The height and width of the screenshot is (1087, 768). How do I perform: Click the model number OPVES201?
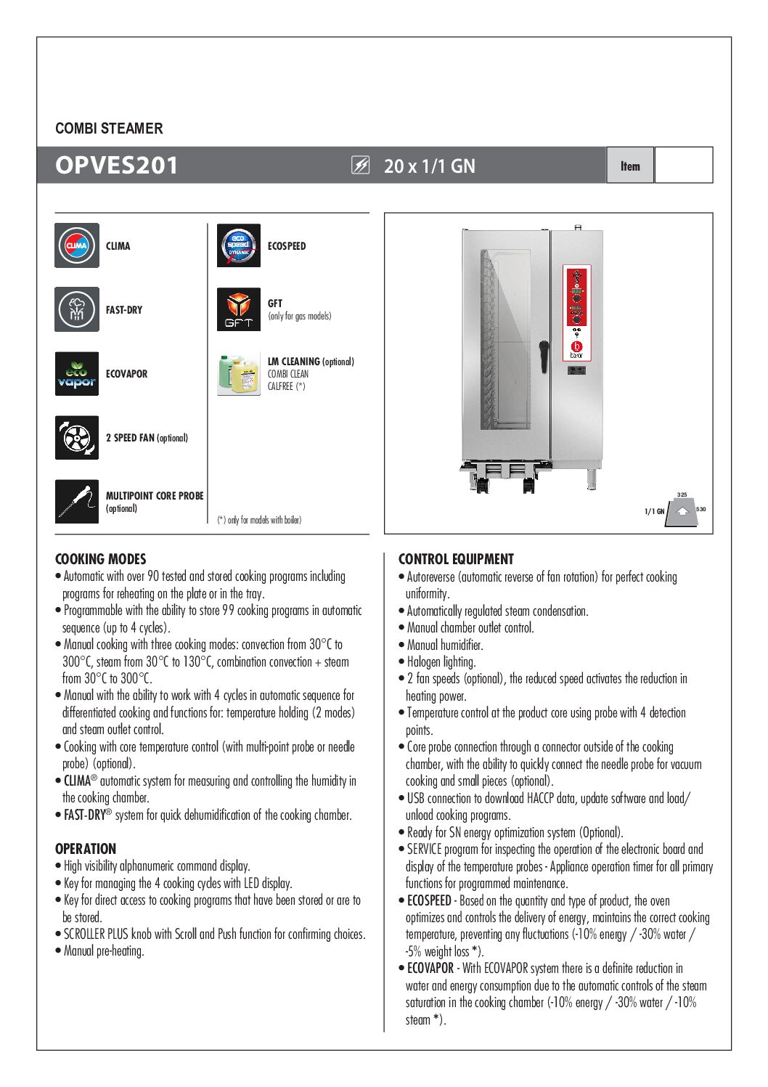[116, 166]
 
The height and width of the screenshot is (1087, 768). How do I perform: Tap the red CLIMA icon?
[77, 245]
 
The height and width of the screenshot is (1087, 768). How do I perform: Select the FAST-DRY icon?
[77, 309]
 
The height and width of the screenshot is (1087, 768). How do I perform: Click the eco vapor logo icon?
[77, 373]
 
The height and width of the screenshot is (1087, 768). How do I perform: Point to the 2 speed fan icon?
[77, 438]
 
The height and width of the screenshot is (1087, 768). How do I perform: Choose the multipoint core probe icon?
[77, 501]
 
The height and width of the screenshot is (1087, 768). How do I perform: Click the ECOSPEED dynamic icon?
[239, 245]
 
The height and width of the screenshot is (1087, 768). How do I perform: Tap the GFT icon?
[239, 309]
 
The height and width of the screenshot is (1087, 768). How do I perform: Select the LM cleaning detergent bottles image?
[239, 374]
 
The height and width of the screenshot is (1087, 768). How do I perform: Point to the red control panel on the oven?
[576, 313]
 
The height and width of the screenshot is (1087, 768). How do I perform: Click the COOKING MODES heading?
[101, 559]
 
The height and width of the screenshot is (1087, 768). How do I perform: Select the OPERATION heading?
[86, 849]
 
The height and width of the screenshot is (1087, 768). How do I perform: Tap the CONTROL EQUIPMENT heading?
[456, 559]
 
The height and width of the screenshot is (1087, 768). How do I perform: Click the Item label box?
[630, 166]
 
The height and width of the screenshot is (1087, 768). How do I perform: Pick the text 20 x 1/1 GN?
[430, 166]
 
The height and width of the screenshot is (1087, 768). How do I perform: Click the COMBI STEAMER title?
[109, 129]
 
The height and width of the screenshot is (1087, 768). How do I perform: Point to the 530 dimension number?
[701, 509]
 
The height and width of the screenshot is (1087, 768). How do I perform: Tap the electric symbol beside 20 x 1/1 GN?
[360, 166]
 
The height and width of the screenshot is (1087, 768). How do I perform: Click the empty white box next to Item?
[683, 166]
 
